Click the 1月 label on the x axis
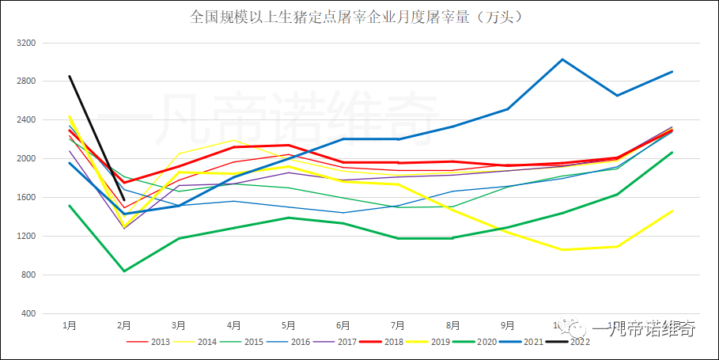(70, 325)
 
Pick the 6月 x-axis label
(343, 325)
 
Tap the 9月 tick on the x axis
(507, 325)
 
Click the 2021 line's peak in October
(562, 59)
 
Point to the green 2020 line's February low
(124, 271)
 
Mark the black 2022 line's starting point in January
(70, 76)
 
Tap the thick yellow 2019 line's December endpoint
(672, 211)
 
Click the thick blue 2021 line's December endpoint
(672, 72)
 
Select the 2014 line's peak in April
(233, 140)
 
